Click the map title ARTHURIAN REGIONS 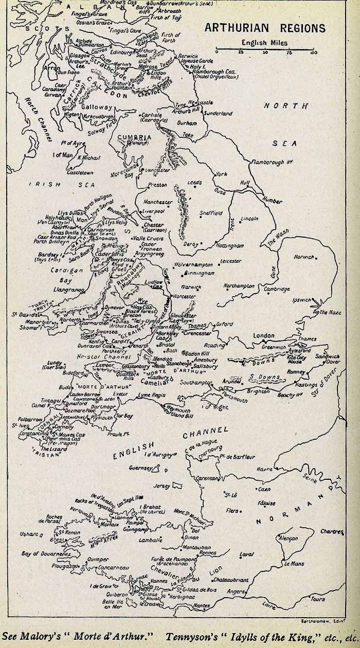[265, 28]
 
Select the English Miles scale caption [265, 43]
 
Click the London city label [264, 336]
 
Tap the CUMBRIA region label [135, 138]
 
